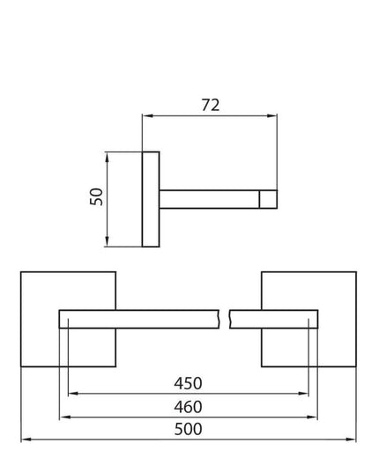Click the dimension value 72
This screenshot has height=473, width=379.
pyautogui.click(x=211, y=105)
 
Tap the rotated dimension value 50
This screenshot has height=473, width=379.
pyautogui.click(x=97, y=196)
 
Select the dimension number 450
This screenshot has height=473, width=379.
pyautogui.click(x=188, y=383)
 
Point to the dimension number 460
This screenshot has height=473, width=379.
pyautogui.click(x=188, y=407)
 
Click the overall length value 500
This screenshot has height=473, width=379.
pyautogui.click(x=188, y=429)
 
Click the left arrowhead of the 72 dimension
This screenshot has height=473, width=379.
pyautogui.click(x=147, y=116)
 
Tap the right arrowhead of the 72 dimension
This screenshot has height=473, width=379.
pyautogui.click(x=272, y=116)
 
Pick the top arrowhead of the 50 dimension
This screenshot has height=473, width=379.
pyautogui.click(x=107, y=157)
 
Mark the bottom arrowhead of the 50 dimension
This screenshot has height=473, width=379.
pyautogui.click(x=107, y=241)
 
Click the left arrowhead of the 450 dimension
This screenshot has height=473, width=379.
pyautogui.click(x=73, y=394)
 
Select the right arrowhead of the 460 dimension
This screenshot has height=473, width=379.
pyautogui.click(x=312, y=418)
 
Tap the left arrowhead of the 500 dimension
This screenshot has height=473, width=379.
pyautogui.click(x=26, y=440)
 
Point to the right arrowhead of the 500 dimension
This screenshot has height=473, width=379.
pyautogui.click(x=351, y=440)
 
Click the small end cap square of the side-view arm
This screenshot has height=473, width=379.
pyautogui.click(x=268, y=199)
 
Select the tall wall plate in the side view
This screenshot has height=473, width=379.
pyautogui.click(x=151, y=199)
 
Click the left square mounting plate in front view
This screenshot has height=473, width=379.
pyautogui.click(x=68, y=320)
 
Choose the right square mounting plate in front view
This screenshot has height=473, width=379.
pyautogui.click(x=309, y=320)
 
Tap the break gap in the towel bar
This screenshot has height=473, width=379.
pyautogui.click(x=224, y=319)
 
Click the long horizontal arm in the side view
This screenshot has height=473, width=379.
pyautogui.click(x=209, y=199)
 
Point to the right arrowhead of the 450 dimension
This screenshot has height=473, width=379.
pyautogui.click(x=303, y=394)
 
